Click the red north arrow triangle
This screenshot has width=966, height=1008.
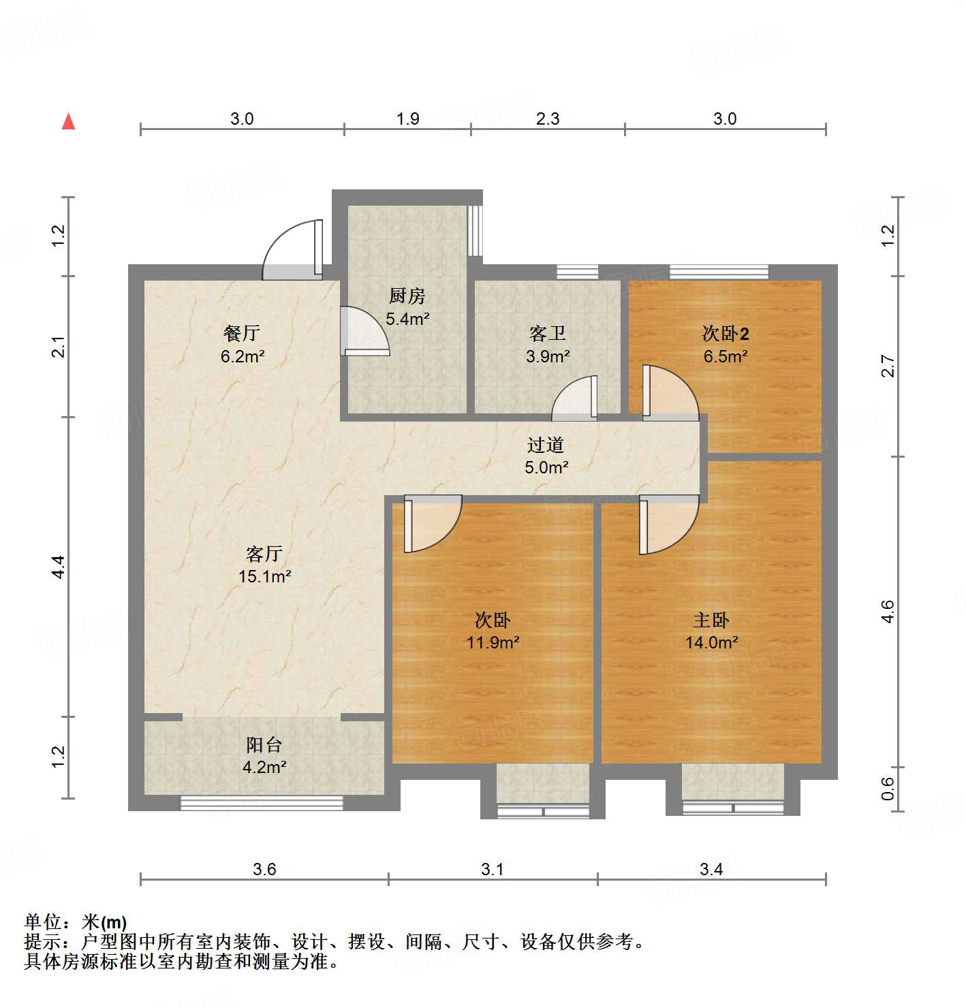click(x=68, y=121)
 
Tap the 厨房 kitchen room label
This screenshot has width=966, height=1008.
click(x=407, y=296)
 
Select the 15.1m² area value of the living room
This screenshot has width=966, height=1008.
click(x=264, y=577)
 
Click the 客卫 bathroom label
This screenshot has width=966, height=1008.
click(x=548, y=334)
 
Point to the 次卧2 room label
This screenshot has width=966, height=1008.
click(x=726, y=334)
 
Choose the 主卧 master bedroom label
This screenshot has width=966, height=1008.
click(x=711, y=620)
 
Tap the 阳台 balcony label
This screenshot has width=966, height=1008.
click(x=264, y=744)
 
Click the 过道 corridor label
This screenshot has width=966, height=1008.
click(x=546, y=445)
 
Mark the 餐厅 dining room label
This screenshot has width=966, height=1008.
click(x=242, y=334)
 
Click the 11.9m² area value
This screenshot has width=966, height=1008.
click(x=493, y=642)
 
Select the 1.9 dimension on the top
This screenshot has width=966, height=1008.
click(x=407, y=119)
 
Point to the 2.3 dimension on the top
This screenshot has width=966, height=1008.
click(x=547, y=119)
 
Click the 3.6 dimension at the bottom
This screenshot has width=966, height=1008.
click(x=264, y=870)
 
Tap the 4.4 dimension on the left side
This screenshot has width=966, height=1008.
click(x=59, y=567)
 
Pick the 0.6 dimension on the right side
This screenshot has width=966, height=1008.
click(x=888, y=789)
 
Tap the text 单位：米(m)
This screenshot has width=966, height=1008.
click(x=76, y=922)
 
